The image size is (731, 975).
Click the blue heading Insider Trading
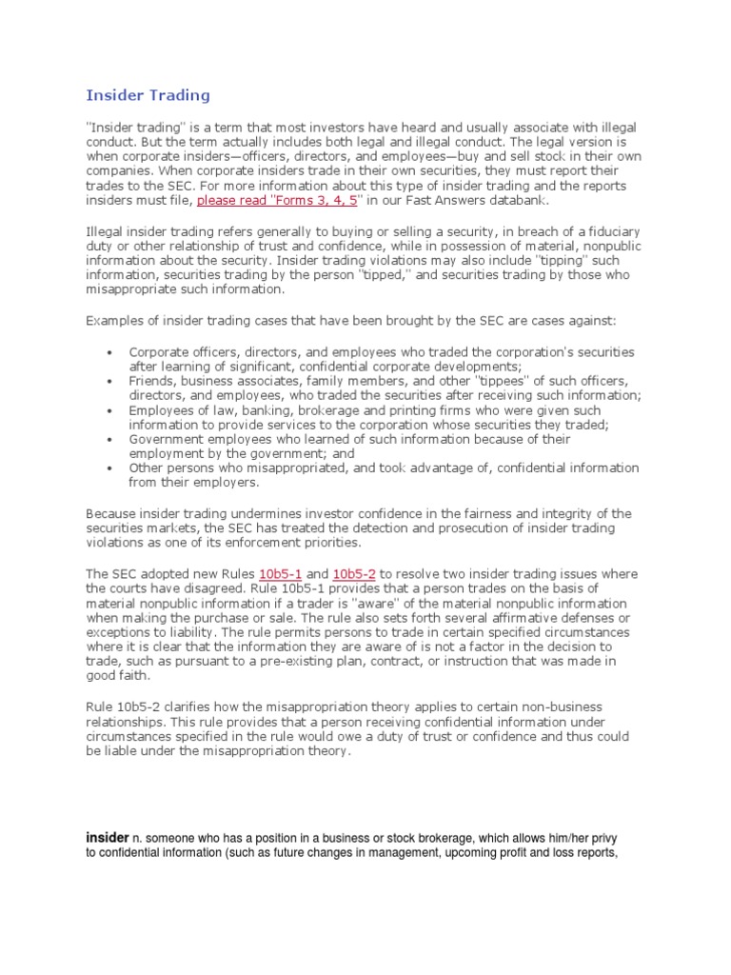[x=148, y=95]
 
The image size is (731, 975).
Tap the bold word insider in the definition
[x=107, y=836]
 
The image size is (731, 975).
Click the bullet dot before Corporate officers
[x=112, y=352]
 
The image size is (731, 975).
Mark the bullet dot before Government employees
[x=112, y=440]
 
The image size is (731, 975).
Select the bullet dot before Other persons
[x=112, y=468]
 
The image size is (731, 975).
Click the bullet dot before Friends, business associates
[x=112, y=381]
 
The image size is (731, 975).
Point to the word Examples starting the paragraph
[x=115, y=321]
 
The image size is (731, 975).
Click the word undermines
[x=236, y=513]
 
